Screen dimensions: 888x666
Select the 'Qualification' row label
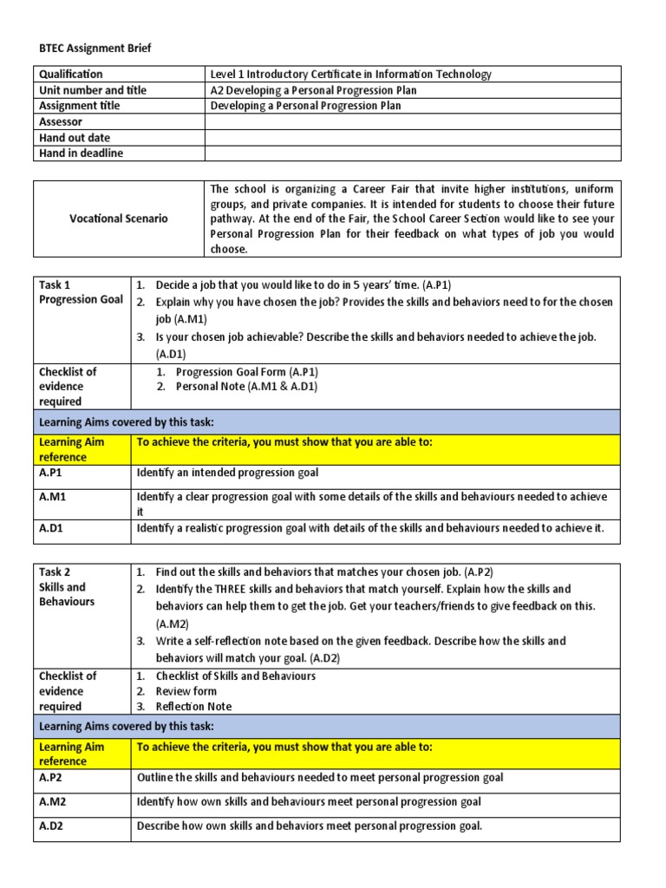(70, 75)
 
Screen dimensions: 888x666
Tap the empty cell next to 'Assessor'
(413, 122)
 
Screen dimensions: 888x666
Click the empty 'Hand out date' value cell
(413, 138)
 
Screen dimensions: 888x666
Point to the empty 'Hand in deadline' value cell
(413, 153)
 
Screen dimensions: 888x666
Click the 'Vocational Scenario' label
(119, 219)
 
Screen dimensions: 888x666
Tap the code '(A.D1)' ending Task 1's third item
(171, 354)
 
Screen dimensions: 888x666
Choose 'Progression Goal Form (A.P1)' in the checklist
(247, 371)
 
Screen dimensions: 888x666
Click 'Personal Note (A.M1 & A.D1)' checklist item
(246, 387)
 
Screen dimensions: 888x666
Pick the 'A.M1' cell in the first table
(53, 497)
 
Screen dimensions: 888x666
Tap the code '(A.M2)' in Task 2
(172, 624)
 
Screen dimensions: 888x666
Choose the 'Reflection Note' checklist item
(193, 707)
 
